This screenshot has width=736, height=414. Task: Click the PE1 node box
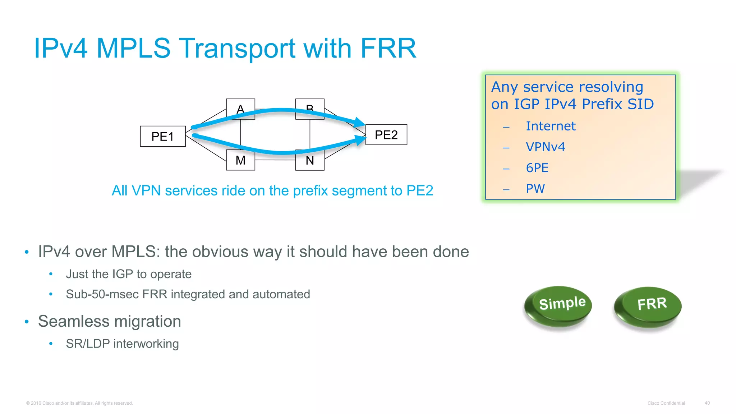(x=162, y=136)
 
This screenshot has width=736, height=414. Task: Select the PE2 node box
(x=386, y=135)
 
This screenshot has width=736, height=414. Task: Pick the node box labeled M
(x=240, y=161)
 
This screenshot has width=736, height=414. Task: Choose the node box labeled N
(x=309, y=161)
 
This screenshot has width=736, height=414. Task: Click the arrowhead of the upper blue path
(x=360, y=122)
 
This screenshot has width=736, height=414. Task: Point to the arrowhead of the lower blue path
(x=360, y=139)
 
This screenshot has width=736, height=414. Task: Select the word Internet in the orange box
(x=550, y=126)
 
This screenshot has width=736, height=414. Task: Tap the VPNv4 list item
(x=545, y=147)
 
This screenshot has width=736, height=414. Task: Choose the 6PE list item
(x=537, y=168)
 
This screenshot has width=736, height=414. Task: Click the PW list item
(x=535, y=189)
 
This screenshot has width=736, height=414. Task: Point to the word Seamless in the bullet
(x=80, y=321)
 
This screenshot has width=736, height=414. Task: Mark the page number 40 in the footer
(x=707, y=403)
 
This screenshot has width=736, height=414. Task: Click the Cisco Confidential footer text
(x=666, y=403)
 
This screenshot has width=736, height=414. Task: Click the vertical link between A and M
(x=240, y=134)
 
